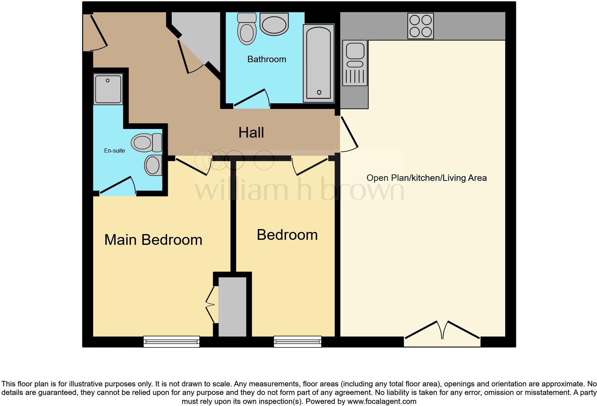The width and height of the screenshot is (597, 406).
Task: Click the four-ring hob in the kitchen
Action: pos(421,26)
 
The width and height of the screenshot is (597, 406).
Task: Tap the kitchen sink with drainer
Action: pos(355,63)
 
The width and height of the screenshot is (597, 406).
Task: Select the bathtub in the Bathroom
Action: pos(318,63)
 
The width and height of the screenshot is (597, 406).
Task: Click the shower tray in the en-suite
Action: pos(108,89)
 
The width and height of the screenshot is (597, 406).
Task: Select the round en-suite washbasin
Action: pos(153,165)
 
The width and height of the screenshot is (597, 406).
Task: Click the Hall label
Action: pos(251,133)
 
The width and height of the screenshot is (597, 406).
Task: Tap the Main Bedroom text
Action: pos(153,240)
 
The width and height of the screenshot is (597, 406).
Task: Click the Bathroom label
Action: pos(267,59)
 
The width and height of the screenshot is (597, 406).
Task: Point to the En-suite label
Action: pos(114,151)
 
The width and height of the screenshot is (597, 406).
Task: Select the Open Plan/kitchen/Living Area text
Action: pos(426,178)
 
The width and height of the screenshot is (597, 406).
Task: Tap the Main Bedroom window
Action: pos(171,342)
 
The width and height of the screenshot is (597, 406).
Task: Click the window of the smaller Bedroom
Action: pos(297,342)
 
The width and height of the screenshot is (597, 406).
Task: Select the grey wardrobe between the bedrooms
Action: pos(232,307)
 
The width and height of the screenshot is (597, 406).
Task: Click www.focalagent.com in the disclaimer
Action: pos(382,401)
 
